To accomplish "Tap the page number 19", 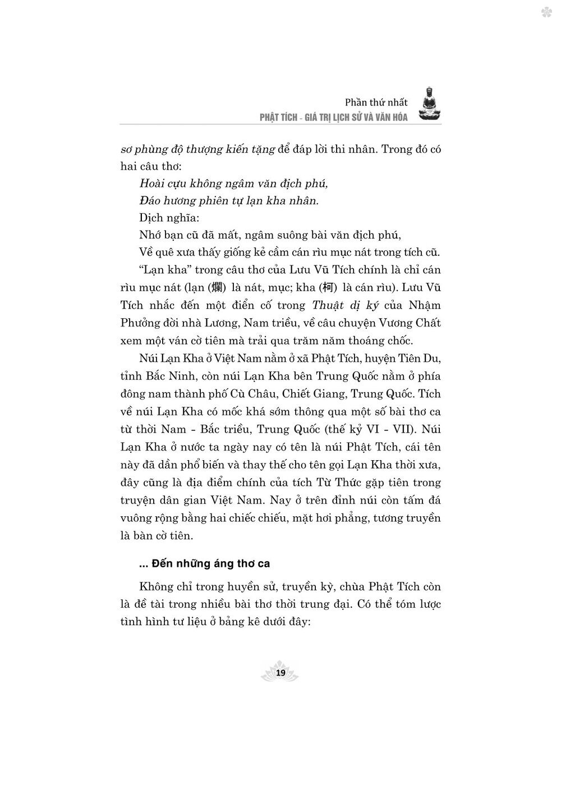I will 280,673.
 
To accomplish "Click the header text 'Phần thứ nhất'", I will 376,102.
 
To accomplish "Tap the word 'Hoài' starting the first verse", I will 150,183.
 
